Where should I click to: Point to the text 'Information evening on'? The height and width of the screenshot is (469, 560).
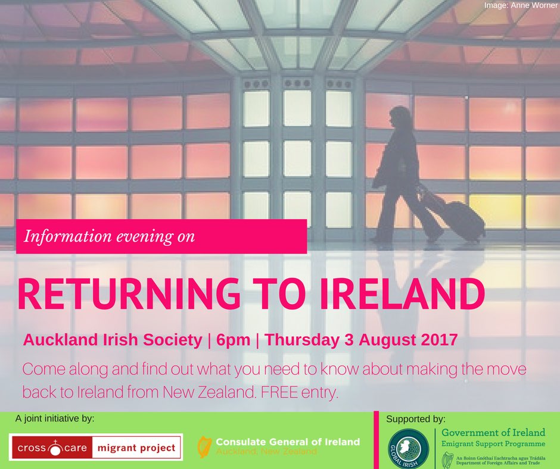coord(110,236)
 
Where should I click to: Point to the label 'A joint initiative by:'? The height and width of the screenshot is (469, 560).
coord(55,418)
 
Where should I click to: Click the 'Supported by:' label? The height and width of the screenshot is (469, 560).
coord(416,418)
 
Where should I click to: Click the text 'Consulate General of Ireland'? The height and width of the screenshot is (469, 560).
coord(288,441)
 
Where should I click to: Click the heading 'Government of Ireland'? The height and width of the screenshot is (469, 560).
coord(493,432)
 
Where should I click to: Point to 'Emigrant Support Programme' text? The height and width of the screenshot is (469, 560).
coord(493,444)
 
